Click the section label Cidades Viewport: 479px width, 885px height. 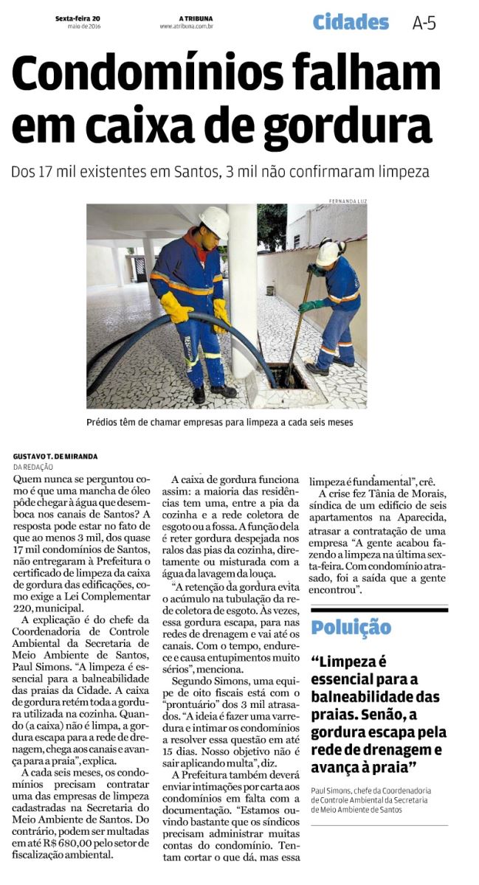[x=351, y=22]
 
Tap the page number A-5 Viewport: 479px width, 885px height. [x=424, y=23]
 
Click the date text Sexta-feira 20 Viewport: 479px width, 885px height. [x=77, y=19]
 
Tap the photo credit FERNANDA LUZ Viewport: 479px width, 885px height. [x=348, y=200]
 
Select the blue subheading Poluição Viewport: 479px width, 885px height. [x=351, y=628]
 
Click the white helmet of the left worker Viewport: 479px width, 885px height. [x=214, y=220]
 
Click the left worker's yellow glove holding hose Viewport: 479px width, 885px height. [x=176, y=307]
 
